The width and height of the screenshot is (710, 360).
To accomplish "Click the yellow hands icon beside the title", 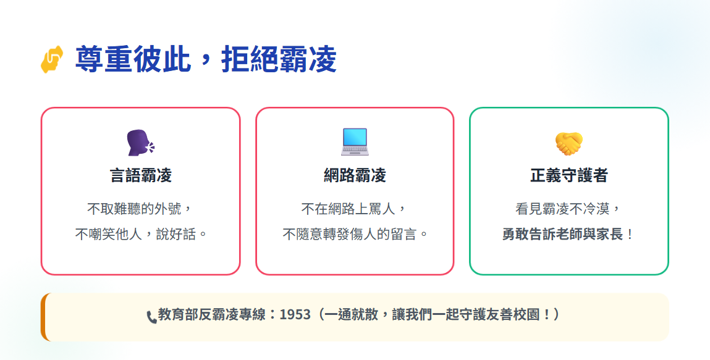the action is tap(52, 59).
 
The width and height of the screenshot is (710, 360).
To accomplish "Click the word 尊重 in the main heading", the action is tap(104, 59).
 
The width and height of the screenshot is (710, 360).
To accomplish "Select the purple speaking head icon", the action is tap(140, 143).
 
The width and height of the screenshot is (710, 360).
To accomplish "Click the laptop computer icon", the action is tap(355, 142).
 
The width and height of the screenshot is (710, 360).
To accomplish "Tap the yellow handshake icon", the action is tap(568, 143).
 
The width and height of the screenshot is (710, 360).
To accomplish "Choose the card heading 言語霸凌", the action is tap(141, 175).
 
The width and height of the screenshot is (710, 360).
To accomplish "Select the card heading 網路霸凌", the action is tap(355, 175).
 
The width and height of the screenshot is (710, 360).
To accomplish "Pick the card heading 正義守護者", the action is tap(568, 175).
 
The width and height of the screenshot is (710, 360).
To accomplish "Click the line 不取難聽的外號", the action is tap(135, 209).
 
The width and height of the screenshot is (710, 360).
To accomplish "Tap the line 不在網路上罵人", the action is tap(349, 209).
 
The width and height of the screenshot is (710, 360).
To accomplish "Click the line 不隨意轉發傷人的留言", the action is tap(349, 234).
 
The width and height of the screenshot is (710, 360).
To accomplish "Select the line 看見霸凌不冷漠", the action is tap(562, 209).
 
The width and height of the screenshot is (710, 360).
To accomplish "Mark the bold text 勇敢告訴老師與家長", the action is tap(563, 234).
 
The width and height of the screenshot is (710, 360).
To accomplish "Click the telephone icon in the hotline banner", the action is tap(151, 317).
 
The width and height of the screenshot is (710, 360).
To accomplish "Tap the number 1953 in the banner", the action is tap(295, 314).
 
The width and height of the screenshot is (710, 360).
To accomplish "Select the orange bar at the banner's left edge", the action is tap(43, 317).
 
